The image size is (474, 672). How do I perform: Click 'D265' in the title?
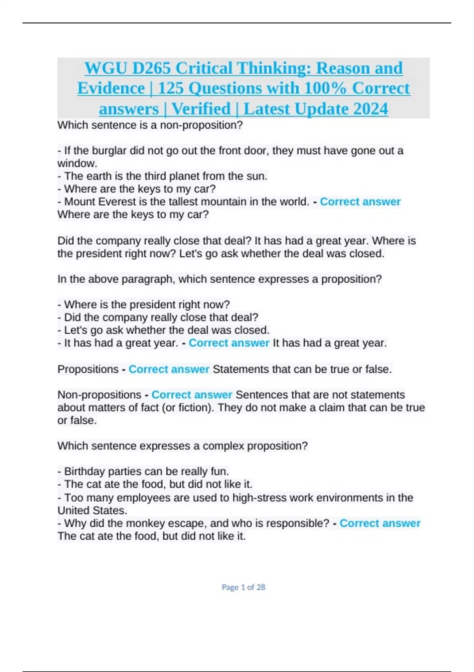[151, 68]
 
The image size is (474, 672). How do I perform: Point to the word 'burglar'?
[110, 151]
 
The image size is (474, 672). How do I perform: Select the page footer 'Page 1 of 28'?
[243, 587]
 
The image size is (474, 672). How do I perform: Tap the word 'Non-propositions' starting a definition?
[99, 395]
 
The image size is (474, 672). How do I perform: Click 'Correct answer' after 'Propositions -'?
[169, 369]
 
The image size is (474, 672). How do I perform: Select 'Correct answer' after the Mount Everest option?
[360, 202]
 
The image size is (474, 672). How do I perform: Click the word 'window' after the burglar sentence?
[76, 163]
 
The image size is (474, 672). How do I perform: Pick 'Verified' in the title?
[201, 109]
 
